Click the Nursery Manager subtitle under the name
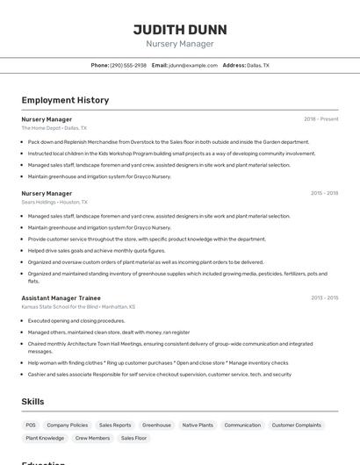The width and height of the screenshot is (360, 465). [179, 43]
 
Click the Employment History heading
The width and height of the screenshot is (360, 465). [65, 100]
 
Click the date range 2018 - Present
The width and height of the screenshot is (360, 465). [320, 118]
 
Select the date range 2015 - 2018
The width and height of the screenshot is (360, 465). [323, 193]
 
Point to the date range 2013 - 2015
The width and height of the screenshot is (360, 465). [323, 297]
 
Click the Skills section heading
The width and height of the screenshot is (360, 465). [33, 401]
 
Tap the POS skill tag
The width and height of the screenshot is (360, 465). [31, 425]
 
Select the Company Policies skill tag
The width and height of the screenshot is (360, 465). [68, 425]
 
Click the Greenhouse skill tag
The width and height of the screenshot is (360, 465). [156, 425]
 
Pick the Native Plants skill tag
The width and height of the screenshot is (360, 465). [198, 425]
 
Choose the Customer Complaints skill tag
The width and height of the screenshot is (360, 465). [296, 425]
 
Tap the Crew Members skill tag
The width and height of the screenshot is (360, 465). [92, 438]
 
